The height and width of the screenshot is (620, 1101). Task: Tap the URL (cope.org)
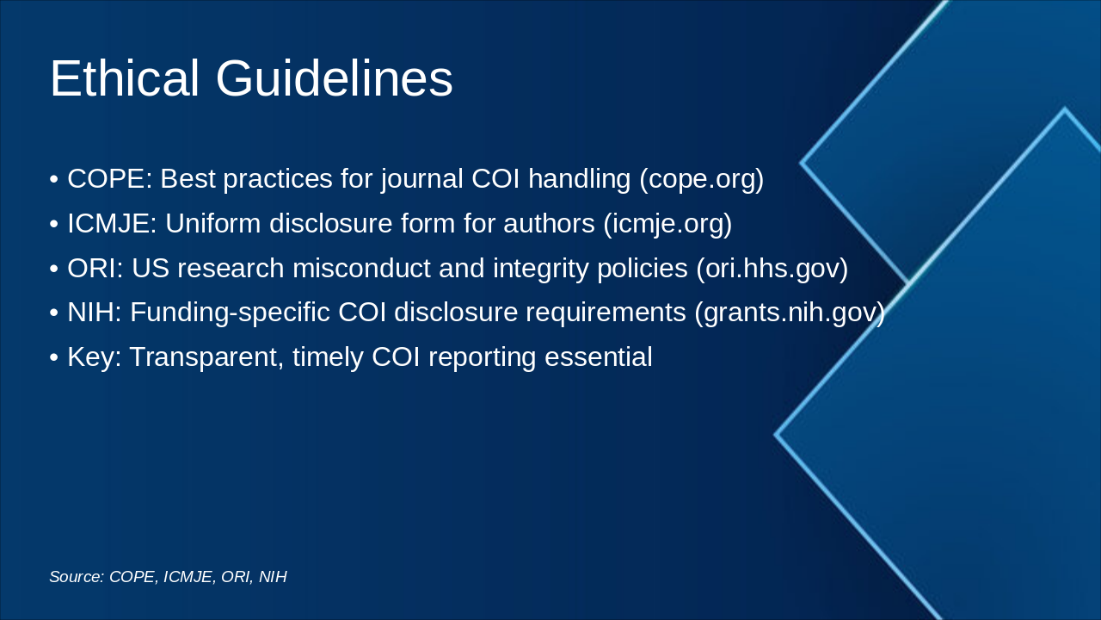701,179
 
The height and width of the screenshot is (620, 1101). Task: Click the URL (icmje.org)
667,224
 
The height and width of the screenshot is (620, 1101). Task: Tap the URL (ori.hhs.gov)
772,269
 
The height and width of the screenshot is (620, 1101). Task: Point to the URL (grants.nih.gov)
790,313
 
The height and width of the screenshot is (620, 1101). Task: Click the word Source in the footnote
76,577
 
